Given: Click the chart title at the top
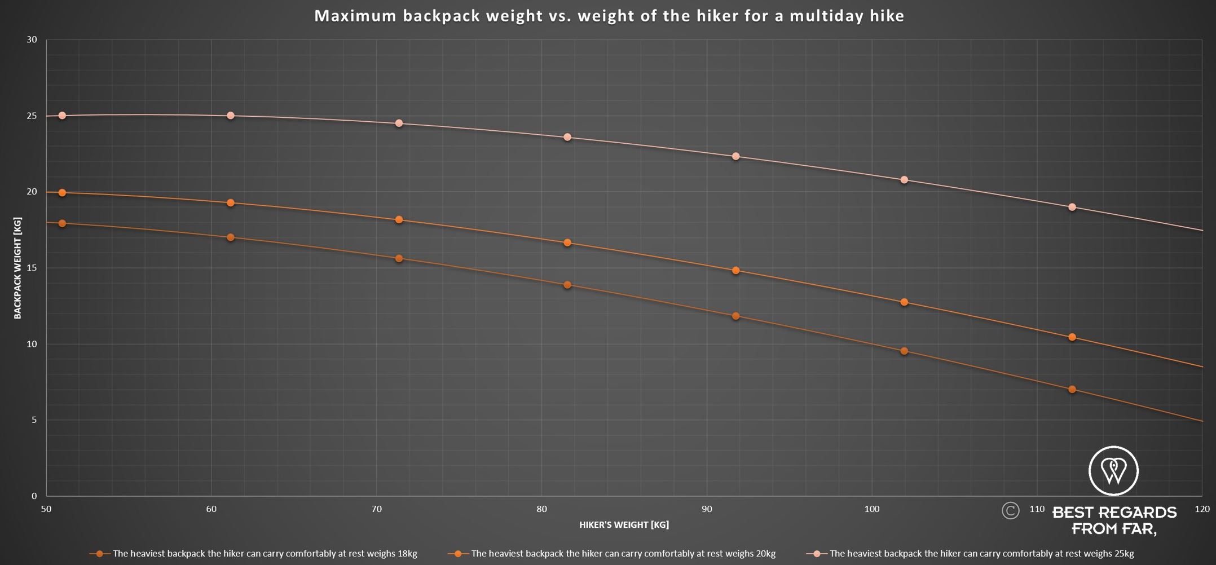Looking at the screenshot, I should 609,16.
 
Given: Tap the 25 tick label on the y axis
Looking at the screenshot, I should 32,116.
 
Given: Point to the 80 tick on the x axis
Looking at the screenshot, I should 541,509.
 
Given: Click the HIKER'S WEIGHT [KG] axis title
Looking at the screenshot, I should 624,525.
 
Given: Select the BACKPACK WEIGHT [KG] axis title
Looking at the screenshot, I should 17,268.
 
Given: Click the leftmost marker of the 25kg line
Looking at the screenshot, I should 62,116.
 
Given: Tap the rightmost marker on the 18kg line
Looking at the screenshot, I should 1072,390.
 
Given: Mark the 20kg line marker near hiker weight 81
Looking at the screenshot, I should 567,243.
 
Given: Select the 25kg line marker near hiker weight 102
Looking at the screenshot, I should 904,180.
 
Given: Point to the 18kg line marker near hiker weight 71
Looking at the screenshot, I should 399,259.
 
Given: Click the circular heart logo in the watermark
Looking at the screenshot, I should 1113,471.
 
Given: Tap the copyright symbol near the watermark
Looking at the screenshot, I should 1010,511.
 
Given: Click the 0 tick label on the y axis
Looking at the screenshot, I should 34,496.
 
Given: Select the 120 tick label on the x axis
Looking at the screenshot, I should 1202,509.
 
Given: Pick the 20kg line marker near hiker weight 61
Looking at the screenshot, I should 230,203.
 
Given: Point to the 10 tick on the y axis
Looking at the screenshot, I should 32,344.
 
